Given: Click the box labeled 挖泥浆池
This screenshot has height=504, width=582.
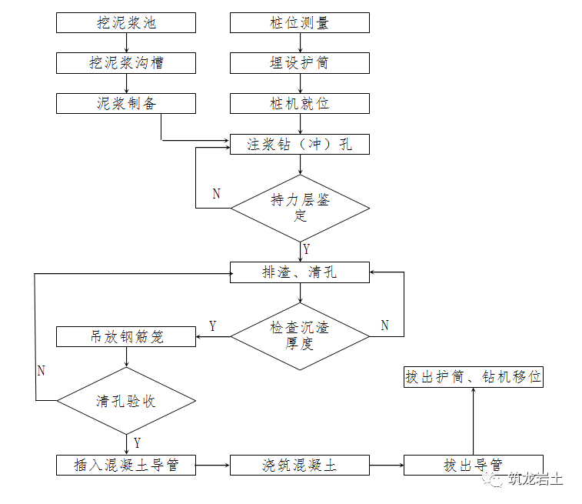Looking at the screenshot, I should click(126, 22).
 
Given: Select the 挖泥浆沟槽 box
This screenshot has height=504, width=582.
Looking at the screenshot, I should click(126, 62).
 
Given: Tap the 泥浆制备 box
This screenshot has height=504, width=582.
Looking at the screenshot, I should click(126, 102).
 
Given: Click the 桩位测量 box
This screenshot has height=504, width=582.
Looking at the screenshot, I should click(300, 22).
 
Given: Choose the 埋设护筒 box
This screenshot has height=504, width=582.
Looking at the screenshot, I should click(300, 62).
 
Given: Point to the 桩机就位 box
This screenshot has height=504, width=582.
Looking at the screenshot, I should click(300, 102).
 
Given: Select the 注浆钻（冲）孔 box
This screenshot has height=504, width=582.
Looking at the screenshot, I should click(300, 143).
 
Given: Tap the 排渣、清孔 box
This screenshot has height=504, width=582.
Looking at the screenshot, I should click(300, 272).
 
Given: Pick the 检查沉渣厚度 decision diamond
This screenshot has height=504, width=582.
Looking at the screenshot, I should click(300, 336).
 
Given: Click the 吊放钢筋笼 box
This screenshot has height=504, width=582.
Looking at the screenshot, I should click(126, 336).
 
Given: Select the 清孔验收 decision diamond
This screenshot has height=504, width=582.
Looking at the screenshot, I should click(126, 400).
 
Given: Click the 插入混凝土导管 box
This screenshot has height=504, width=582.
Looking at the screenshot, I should click(126, 465).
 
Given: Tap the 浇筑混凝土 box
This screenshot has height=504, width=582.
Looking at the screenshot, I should click(300, 465).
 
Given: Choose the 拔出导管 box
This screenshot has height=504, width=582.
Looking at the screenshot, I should click(473, 465).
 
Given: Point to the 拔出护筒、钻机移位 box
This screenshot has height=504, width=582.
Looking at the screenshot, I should click(473, 377).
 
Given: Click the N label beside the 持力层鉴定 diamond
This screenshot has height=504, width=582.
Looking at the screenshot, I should click(216, 194).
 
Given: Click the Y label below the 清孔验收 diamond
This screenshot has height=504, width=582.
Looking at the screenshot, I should click(137, 442).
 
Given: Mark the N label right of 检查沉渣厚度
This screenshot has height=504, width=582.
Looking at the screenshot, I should click(384, 325).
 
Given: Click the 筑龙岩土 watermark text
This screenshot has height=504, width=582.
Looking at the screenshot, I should click(536, 479).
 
